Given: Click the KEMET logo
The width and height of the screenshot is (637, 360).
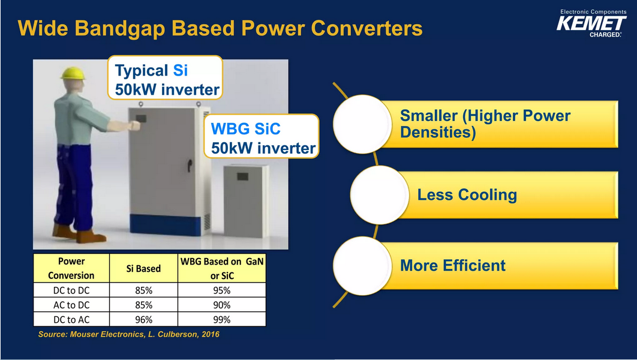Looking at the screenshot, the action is (591, 23).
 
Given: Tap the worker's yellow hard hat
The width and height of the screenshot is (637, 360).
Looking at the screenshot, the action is (73, 73).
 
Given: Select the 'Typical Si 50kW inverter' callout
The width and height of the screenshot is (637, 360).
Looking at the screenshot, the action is (165, 77).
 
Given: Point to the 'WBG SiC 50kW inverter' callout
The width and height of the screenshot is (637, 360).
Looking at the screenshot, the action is (262, 136).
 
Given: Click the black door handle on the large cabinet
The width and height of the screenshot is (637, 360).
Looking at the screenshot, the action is (190, 164).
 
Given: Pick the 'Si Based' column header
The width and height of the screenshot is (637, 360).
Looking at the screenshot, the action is (143, 269).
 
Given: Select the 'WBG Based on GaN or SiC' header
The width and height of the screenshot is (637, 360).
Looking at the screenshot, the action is (222, 269).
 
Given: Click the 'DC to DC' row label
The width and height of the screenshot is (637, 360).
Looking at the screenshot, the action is (71, 290).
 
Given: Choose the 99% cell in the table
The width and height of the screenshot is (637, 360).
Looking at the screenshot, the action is (222, 320).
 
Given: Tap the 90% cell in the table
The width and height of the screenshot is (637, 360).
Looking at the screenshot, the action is (222, 305).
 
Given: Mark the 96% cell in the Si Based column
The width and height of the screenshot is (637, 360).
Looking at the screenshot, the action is (143, 320).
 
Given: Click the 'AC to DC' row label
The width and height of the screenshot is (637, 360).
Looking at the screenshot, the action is (71, 305).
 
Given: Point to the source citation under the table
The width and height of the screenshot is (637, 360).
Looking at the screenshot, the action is (129, 334).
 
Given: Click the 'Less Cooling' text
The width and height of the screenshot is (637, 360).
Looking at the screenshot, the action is (467, 194).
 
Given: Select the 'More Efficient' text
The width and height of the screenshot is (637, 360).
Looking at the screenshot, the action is (453, 266).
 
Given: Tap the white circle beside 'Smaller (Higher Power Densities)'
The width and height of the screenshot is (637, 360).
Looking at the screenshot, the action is (362, 124).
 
